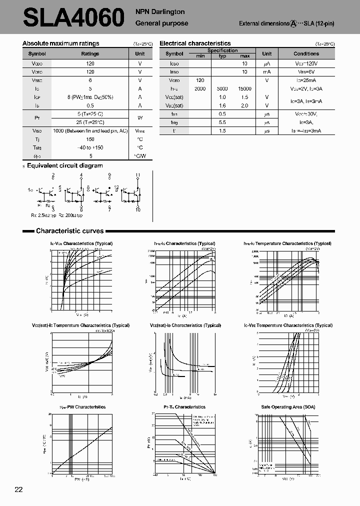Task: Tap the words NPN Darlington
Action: [160, 12]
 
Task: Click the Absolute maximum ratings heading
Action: [61, 43]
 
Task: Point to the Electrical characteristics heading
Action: [195, 43]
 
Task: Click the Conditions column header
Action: [306, 53]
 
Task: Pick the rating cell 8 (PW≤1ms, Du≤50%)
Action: [90, 97]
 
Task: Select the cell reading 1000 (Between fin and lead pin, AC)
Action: [90, 130]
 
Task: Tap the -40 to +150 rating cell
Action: [90, 147]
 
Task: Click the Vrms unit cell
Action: [140, 130]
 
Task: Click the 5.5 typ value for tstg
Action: [222, 122]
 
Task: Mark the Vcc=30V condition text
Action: [306, 114]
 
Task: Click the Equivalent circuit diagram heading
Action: [64, 165]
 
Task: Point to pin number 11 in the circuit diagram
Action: [137, 175]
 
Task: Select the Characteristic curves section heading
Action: [69, 231]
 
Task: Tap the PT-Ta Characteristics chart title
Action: [184, 407]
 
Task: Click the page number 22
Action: [18, 489]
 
